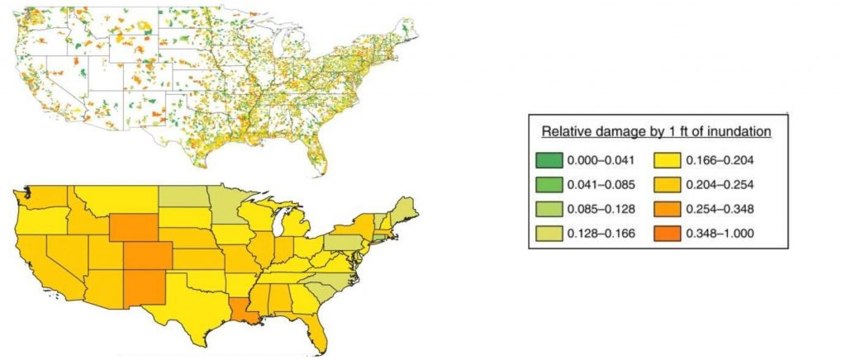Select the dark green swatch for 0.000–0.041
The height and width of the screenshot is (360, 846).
(547, 159)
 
